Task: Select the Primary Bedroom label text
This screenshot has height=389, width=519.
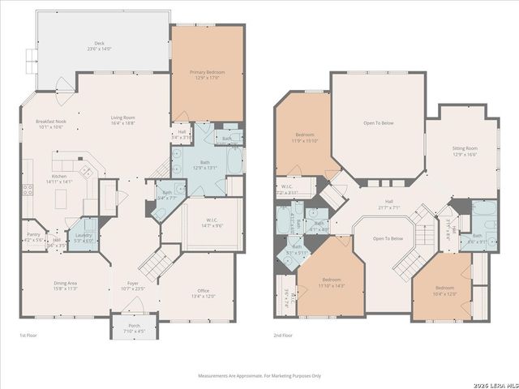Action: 208,75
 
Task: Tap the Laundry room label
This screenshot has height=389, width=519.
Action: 84,237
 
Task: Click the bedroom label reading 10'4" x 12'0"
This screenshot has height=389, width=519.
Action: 444,291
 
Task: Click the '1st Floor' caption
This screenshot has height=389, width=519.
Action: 28,335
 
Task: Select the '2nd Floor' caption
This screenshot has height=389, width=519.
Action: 283,335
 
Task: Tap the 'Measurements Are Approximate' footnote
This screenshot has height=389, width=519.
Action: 259,376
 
